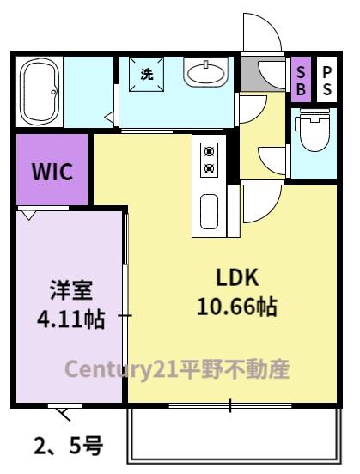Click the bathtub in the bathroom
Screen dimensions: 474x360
(x=40, y=90)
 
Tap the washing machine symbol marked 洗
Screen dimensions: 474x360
(x=146, y=75)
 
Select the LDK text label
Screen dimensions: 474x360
(x=237, y=277)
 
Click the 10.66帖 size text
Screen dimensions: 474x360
(x=237, y=306)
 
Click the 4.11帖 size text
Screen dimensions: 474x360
(x=70, y=320)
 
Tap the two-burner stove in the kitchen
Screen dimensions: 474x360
(x=208, y=160)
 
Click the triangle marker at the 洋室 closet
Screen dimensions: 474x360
(x=29, y=215)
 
